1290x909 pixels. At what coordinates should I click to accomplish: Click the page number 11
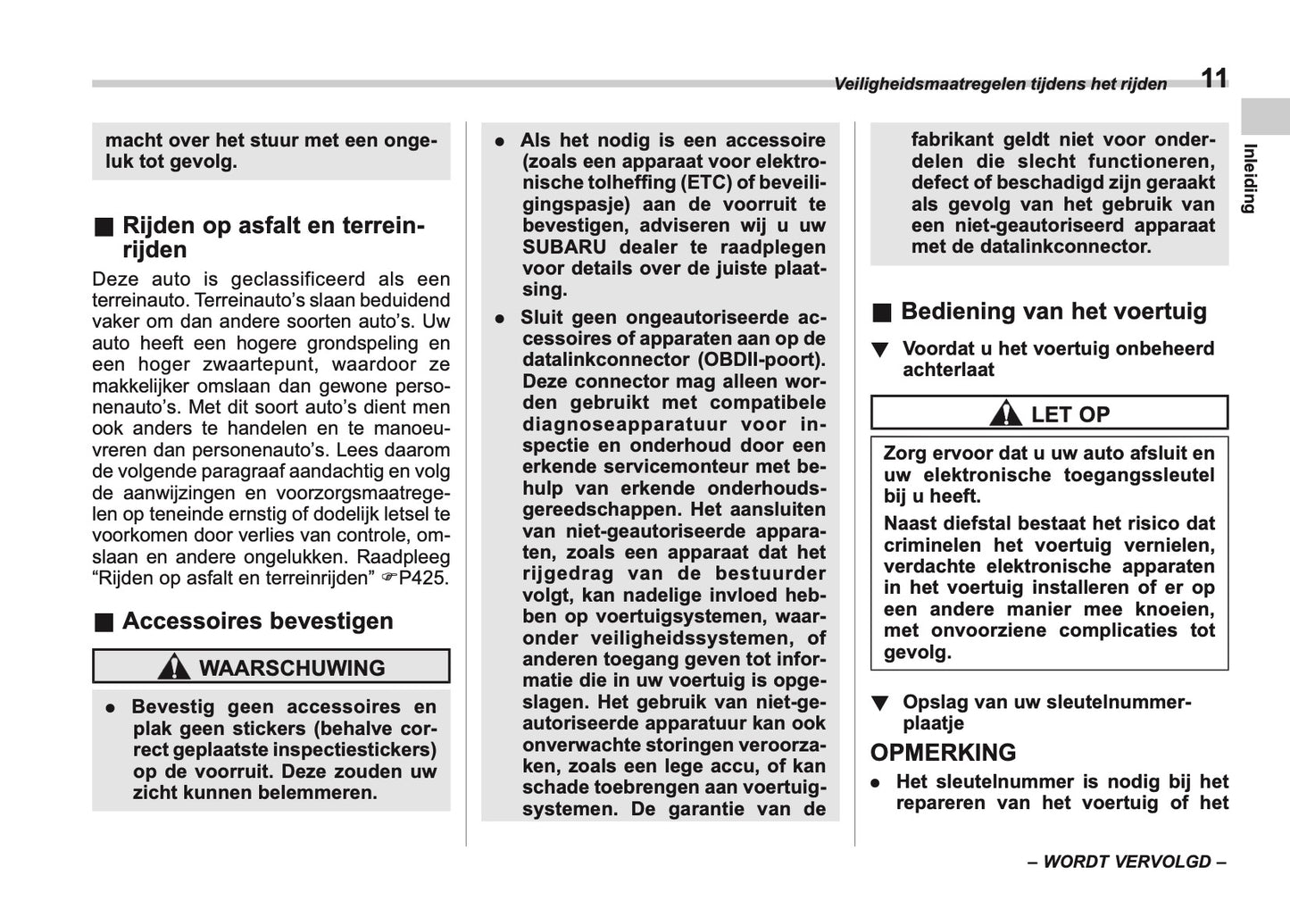tap(1213, 79)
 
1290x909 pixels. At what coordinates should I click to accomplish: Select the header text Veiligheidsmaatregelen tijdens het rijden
tap(1000, 85)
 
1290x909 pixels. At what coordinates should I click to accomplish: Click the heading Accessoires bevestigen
tap(257, 621)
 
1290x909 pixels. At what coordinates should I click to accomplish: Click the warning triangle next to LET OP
tap(1006, 414)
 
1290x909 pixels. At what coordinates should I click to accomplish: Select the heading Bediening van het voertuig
tap(1053, 312)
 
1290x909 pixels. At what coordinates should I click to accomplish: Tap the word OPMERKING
tap(943, 753)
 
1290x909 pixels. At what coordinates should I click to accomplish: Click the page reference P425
tap(424, 579)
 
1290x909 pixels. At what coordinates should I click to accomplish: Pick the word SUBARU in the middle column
tap(564, 247)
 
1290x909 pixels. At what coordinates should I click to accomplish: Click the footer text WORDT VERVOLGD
tap(1127, 862)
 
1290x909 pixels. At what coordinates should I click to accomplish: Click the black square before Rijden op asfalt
tap(104, 226)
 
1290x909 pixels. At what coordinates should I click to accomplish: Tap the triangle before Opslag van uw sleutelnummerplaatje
tap(880, 704)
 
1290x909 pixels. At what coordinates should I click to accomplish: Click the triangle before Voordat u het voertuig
tap(880, 350)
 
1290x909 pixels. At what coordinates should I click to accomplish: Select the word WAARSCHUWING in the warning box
tap(292, 668)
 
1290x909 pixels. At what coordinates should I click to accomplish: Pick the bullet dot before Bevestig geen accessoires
tap(111, 707)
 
